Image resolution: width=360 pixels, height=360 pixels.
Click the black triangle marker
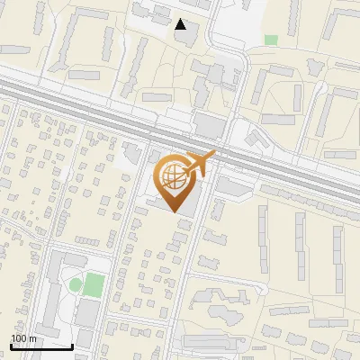pyautogui.click(x=182, y=24)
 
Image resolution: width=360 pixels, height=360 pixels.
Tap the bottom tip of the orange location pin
pyautogui.click(x=174, y=212)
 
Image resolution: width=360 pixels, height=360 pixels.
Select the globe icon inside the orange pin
pyautogui.click(x=174, y=177)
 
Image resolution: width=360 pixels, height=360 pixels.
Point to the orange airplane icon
pyautogui.click(x=200, y=164)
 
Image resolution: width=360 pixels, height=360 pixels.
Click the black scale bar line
pyautogui.click(x=41, y=346)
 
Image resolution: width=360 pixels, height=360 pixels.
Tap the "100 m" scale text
pyautogui.click(x=23, y=338)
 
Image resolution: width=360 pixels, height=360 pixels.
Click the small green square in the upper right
pyautogui.click(x=271, y=40)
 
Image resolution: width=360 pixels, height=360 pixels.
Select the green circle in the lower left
pyautogui.click(x=76, y=285)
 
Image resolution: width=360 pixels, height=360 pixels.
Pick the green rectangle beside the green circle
pyautogui.click(x=94, y=285)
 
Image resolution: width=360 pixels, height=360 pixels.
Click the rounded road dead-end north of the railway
pyautogui.click(x=244, y=54)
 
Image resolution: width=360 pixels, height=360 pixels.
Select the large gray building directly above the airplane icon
pyautogui.click(x=209, y=124)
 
